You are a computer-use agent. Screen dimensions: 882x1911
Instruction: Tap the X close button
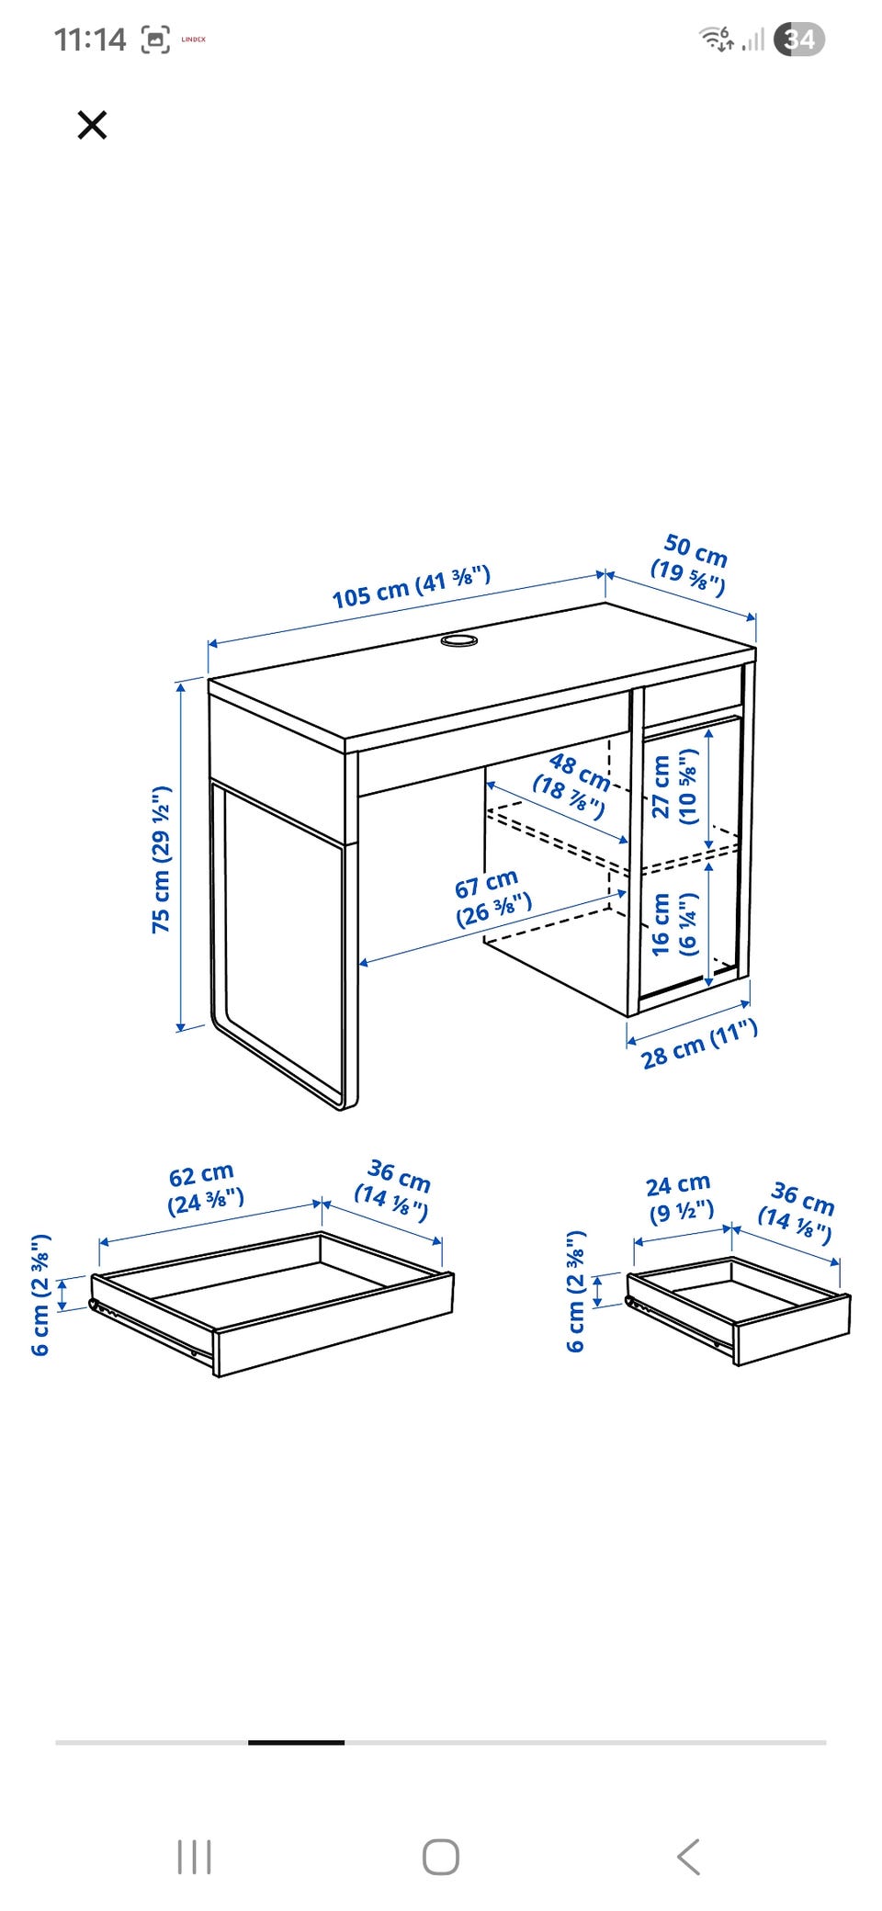pyautogui.click(x=92, y=124)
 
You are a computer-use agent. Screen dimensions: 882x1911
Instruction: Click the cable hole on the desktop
pyautogui.click(x=458, y=639)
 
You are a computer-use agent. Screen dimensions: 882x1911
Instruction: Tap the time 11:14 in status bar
pyautogui.click(x=89, y=40)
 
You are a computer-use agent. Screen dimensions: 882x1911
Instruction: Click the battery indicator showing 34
pyautogui.click(x=799, y=40)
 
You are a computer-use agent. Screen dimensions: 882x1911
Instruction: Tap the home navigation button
pyautogui.click(x=441, y=1857)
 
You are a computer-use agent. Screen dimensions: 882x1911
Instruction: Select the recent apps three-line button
pyautogui.click(x=194, y=1857)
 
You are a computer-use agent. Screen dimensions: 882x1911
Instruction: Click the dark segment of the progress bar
pyautogui.click(x=296, y=1742)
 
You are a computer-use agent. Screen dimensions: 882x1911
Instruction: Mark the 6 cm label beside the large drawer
pyautogui.click(x=40, y=1295)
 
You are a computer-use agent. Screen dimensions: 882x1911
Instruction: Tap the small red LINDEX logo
pyautogui.click(x=193, y=40)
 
